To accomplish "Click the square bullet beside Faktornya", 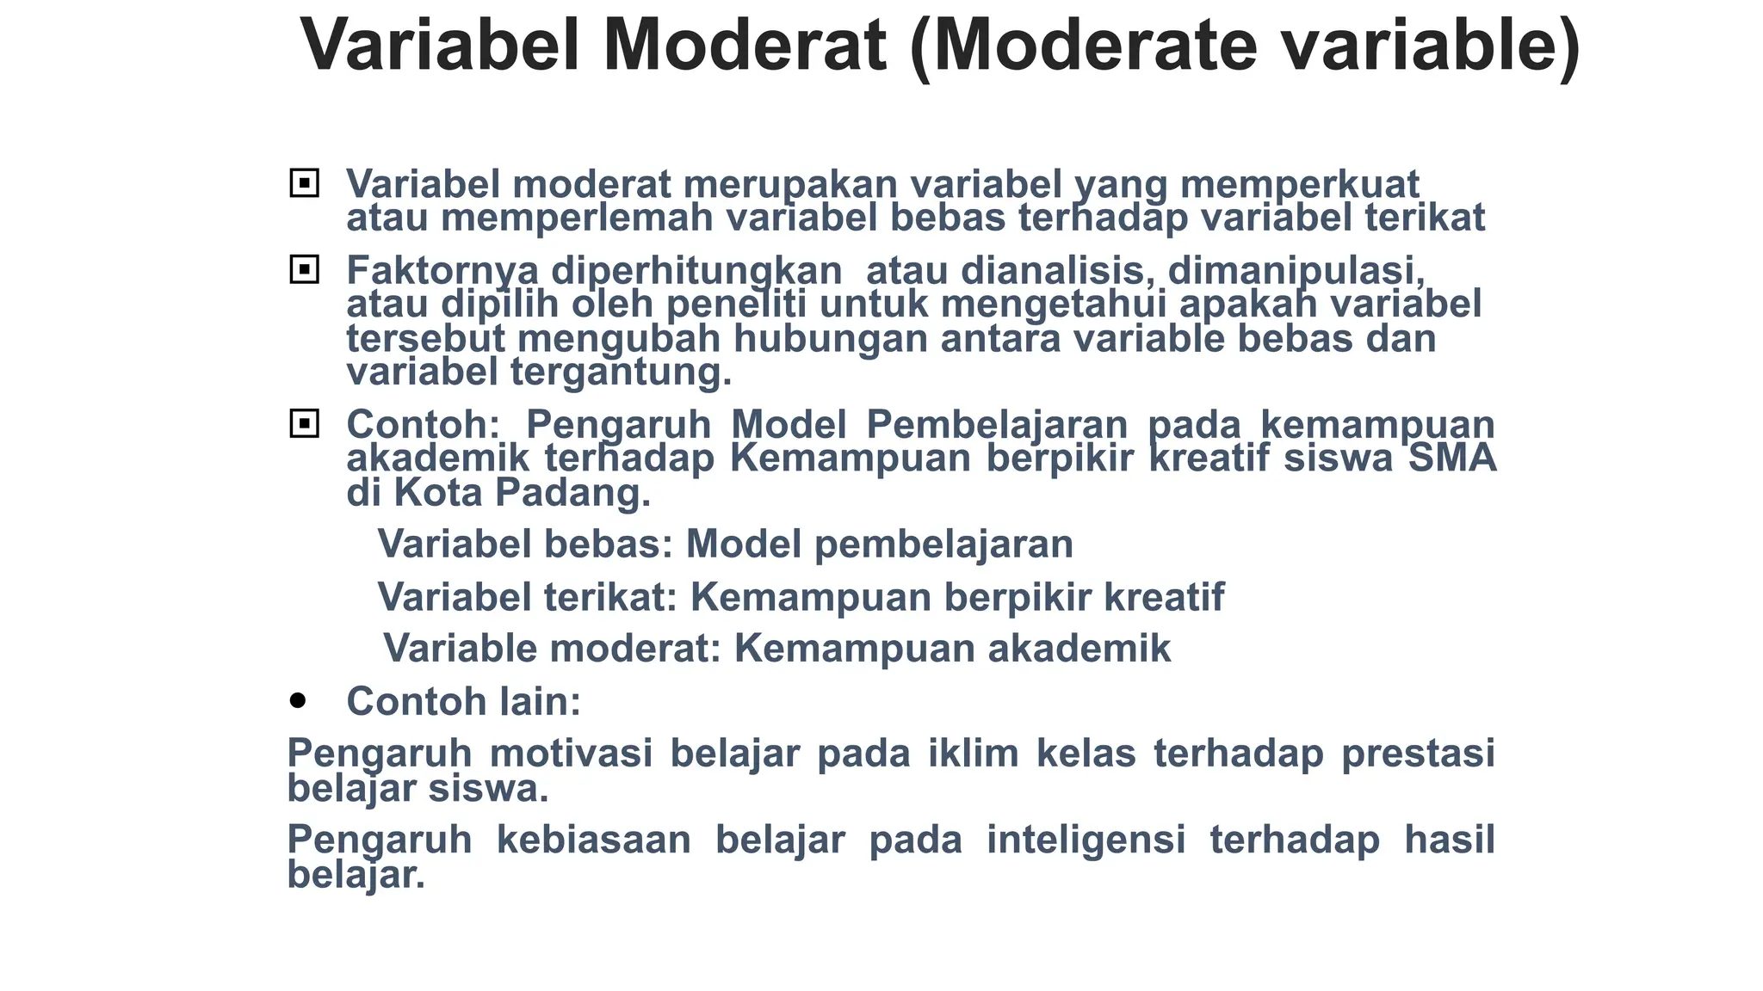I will point(305,270).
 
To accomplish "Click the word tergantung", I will point(621,372).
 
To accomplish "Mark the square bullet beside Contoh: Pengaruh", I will point(305,424).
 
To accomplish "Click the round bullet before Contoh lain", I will point(298,701).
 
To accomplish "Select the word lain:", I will point(541,701).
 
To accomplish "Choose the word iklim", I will point(973,754).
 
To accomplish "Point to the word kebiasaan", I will point(594,840).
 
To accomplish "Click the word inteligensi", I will point(1086,840).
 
